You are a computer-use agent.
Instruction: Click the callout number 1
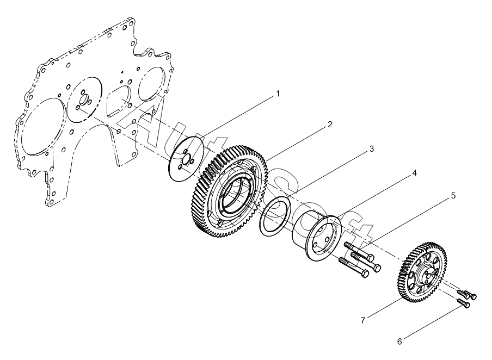coord(278,94)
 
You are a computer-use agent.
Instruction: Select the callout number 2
coord(330,125)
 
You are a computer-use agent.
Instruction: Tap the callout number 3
coord(372,148)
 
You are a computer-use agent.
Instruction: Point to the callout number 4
coord(415,173)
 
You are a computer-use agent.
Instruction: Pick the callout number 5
coord(453,196)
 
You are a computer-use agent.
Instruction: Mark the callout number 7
coord(363,321)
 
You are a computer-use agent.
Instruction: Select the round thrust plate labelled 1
coord(186,158)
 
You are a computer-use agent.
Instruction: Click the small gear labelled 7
coord(423,272)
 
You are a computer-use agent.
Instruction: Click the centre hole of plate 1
coord(187,159)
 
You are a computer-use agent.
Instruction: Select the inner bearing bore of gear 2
coord(235,197)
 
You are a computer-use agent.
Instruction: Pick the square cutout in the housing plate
coord(118,101)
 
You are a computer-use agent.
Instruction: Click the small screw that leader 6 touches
coord(464,302)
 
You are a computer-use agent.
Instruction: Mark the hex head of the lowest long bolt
coord(365,274)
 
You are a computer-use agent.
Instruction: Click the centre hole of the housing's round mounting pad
coord(84,100)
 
